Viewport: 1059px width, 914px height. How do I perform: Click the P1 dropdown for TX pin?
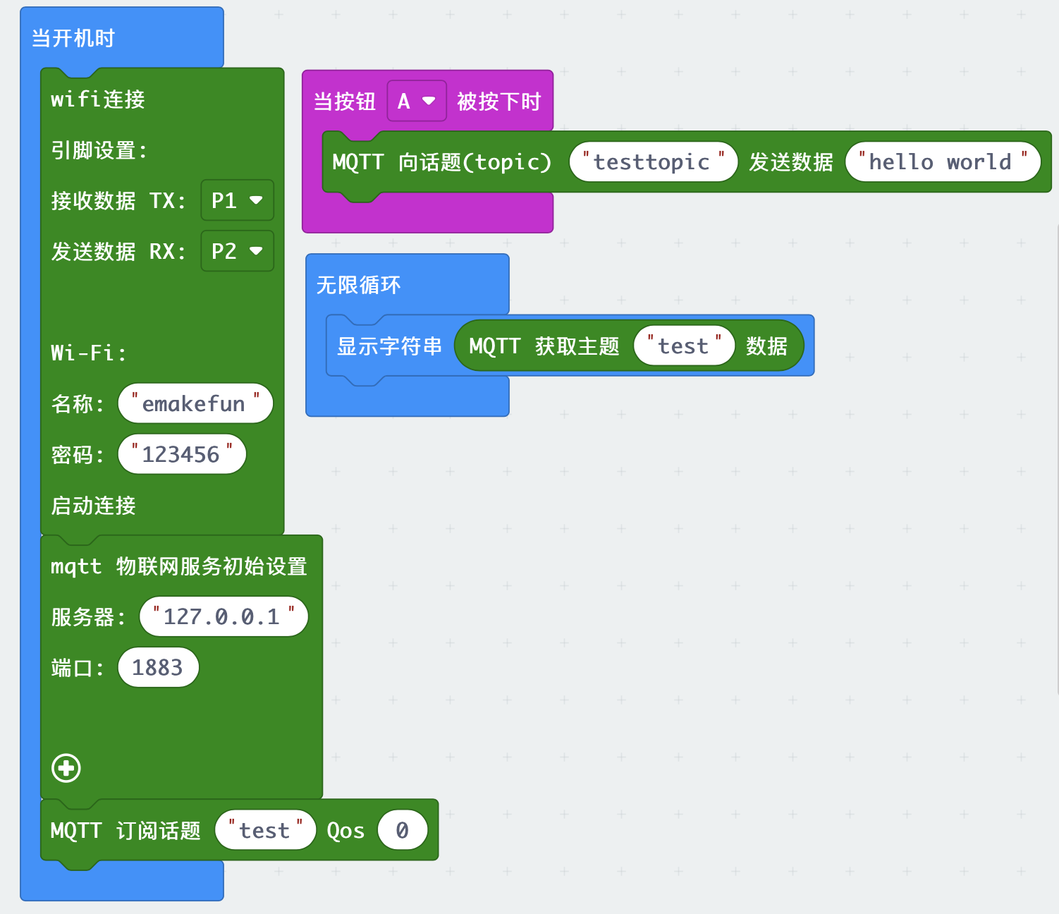[x=237, y=201]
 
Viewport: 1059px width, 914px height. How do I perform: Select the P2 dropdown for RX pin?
[x=237, y=252]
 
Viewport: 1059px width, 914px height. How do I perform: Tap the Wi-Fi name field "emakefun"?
[x=195, y=404]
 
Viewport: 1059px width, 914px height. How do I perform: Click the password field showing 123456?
[x=181, y=455]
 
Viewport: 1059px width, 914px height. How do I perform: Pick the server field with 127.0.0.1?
[x=223, y=617]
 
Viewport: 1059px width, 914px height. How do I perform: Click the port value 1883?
[x=157, y=668]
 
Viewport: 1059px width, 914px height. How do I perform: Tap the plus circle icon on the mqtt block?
[x=66, y=768]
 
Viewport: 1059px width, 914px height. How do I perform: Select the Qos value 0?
[x=402, y=831]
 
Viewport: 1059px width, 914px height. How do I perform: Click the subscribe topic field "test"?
[x=264, y=831]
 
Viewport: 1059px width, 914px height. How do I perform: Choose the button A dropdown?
[x=416, y=102]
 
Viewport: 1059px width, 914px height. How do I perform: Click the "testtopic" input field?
[x=652, y=162]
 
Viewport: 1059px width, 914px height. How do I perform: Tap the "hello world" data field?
[x=941, y=162]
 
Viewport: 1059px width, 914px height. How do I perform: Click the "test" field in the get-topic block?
[x=683, y=346]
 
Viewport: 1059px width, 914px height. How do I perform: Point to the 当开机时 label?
[x=73, y=38]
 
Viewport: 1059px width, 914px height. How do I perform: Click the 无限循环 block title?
[x=358, y=285]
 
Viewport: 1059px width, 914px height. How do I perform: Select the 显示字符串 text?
[x=389, y=346]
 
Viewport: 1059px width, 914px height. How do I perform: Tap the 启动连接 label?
[x=93, y=506]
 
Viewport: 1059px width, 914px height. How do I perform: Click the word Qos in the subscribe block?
[x=345, y=831]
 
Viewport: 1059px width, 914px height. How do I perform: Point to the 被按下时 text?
[x=498, y=102]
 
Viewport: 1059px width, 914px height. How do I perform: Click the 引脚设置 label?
[x=98, y=150]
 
